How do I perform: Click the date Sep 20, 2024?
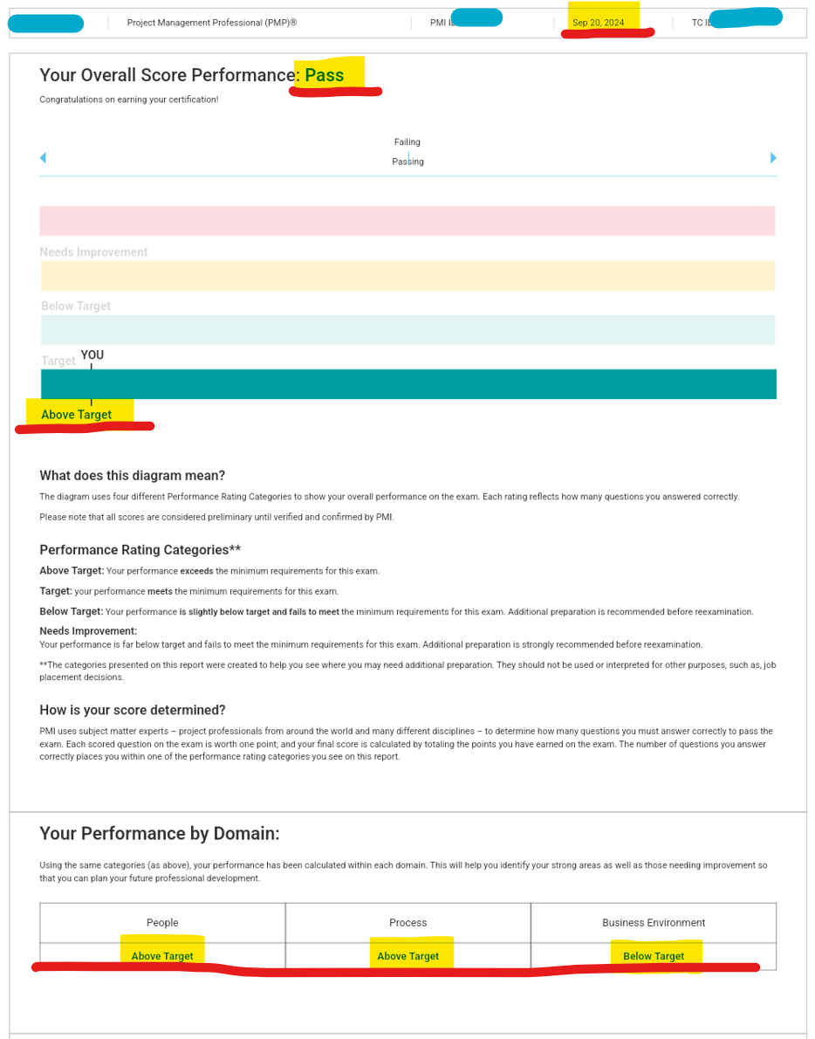599,23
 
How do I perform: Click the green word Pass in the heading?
325,75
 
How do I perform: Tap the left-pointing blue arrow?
43,158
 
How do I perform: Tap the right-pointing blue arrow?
773,158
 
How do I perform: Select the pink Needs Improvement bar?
407,221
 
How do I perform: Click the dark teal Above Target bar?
407,384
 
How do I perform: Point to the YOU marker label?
92,355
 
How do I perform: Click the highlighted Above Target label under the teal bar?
77,415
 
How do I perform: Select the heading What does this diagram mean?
132,476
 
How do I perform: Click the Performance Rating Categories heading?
140,550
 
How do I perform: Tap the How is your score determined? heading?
133,710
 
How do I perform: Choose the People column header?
162,923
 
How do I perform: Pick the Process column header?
407,923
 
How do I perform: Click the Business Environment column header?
654,923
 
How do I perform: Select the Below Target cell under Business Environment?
654,956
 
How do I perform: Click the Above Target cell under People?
162,956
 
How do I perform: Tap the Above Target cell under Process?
407,956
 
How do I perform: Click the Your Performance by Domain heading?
160,834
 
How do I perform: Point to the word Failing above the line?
407,141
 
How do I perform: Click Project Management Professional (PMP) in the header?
212,23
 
